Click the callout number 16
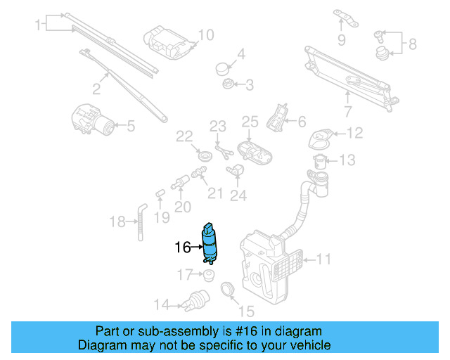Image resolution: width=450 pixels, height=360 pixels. [182, 247]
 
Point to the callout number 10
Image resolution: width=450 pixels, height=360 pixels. [205, 34]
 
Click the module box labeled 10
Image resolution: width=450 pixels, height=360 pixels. [166, 40]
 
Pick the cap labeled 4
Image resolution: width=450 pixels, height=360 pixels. [222, 67]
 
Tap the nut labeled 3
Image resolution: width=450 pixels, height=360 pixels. [228, 85]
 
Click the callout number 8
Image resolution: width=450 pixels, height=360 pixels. [412, 44]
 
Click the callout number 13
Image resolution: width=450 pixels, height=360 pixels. [347, 161]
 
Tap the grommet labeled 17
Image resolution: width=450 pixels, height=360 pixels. [208, 274]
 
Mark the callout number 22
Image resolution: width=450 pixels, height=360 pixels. [184, 136]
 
